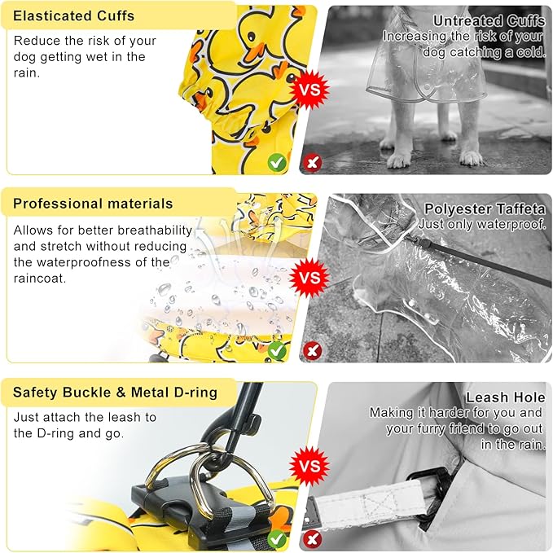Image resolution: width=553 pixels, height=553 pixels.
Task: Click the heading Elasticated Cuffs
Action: click(x=74, y=15)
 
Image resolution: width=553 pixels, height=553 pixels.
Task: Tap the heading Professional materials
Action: click(x=93, y=204)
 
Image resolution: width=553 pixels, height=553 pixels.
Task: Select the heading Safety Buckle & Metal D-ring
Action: click(x=115, y=393)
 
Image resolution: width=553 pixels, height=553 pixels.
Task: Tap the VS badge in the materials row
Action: click(x=309, y=276)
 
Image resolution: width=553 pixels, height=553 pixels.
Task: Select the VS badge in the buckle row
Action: click(x=309, y=466)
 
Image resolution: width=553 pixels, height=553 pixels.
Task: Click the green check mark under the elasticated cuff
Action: click(x=277, y=162)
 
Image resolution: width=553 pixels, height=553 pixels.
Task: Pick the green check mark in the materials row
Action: click(x=277, y=350)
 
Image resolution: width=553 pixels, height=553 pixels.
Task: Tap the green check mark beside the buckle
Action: click(x=277, y=538)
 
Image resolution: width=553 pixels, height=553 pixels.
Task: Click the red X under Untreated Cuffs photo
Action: click(x=312, y=162)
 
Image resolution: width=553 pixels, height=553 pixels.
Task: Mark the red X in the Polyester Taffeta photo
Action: click(x=312, y=351)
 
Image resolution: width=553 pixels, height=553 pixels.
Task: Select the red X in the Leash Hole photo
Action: click(x=312, y=539)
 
